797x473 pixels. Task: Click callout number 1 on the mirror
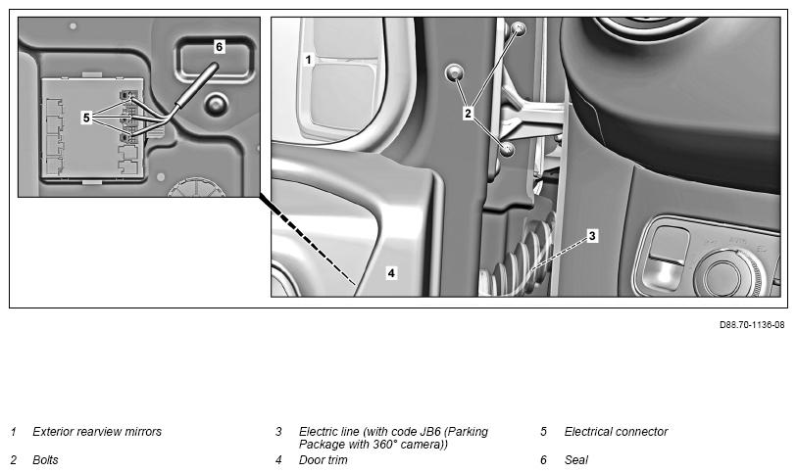tap(308, 60)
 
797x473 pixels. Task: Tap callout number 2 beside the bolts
tap(468, 114)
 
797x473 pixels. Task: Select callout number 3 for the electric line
tap(592, 236)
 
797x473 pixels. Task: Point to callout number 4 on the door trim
tap(391, 273)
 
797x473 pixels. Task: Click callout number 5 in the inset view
tap(86, 118)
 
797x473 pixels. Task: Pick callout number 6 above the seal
tap(219, 47)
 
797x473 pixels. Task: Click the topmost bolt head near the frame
tap(519, 28)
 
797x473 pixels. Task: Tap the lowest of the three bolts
tap(507, 149)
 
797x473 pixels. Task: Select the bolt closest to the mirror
tap(454, 73)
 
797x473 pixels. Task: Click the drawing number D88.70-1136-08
tap(752, 325)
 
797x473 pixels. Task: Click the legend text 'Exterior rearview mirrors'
tap(97, 432)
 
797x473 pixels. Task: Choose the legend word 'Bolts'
tap(45, 460)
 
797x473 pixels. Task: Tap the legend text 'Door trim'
tap(324, 460)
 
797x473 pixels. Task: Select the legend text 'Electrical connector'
tap(616, 432)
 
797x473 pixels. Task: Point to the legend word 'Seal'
tap(575, 460)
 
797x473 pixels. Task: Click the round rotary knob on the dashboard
tap(722, 274)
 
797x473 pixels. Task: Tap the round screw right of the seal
tap(216, 104)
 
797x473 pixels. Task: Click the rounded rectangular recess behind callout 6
tap(215, 59)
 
